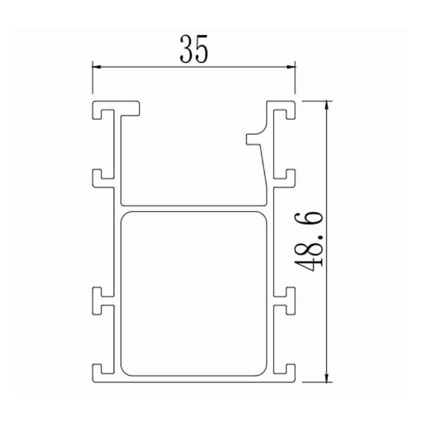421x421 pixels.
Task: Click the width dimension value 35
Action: point(194,48)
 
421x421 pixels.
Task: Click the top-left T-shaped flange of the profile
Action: point(117,107)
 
